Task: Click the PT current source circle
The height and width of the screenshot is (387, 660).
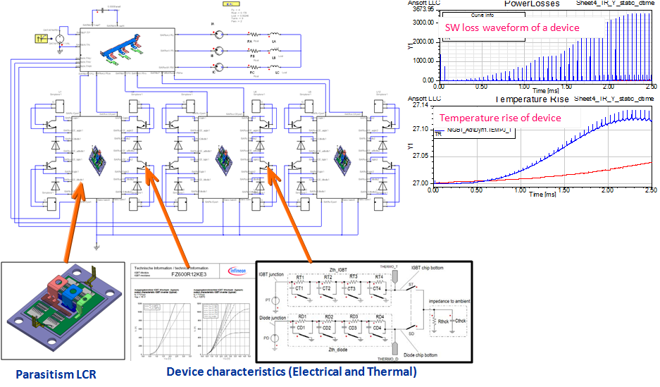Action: click(274, 300)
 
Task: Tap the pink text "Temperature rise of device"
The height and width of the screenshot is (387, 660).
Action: click(500, 118)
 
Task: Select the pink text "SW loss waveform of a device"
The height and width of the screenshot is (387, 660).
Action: click(512, 27)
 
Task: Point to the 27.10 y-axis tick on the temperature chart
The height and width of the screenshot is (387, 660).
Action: click(421, 129)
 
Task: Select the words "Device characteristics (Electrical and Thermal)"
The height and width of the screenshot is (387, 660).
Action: click(292, 371)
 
